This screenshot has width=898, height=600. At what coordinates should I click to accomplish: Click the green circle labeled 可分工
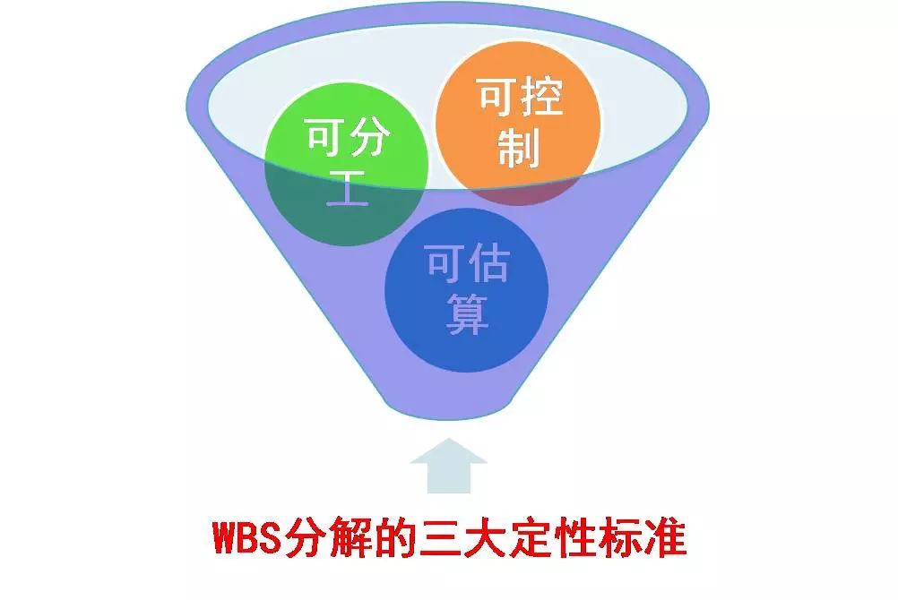coord(346,165)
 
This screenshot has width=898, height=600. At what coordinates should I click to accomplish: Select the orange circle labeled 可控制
coord(518,123)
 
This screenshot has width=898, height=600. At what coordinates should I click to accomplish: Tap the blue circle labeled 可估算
coord(467,290)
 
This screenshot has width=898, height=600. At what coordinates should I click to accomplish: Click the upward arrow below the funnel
coord(448,466)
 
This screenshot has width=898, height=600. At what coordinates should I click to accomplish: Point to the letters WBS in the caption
coord(247,537)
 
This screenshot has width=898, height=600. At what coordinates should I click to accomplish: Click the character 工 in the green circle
coord(347,188)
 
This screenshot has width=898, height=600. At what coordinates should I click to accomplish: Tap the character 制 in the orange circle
coord(519,148)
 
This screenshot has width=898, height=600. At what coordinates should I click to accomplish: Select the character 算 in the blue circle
coord(467,314)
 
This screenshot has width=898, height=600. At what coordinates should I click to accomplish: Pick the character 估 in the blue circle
coord(488,264)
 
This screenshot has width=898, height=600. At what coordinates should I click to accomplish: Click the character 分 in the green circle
coord(369,137)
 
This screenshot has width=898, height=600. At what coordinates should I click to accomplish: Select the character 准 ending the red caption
coord(666,537)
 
